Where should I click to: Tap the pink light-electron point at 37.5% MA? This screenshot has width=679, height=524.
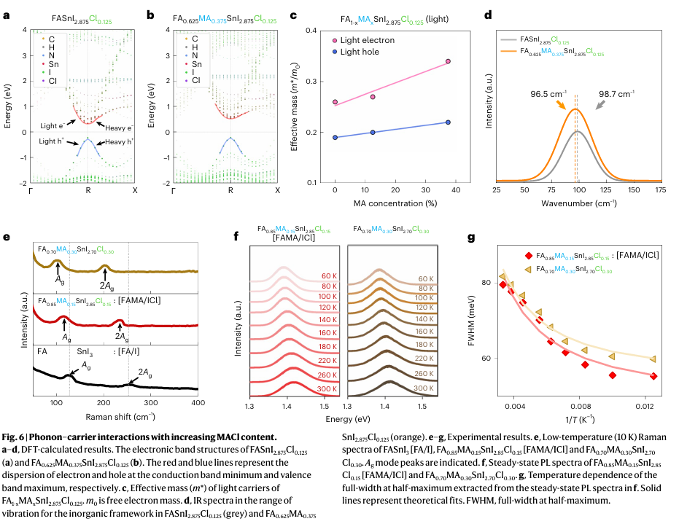(448, 62)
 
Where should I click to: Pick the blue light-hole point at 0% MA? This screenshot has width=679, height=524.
(335, 137)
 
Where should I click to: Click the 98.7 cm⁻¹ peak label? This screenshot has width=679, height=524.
(618, 93)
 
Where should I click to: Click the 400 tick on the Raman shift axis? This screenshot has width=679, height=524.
(198, 403)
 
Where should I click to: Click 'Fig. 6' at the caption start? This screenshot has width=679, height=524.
(17, 436)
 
